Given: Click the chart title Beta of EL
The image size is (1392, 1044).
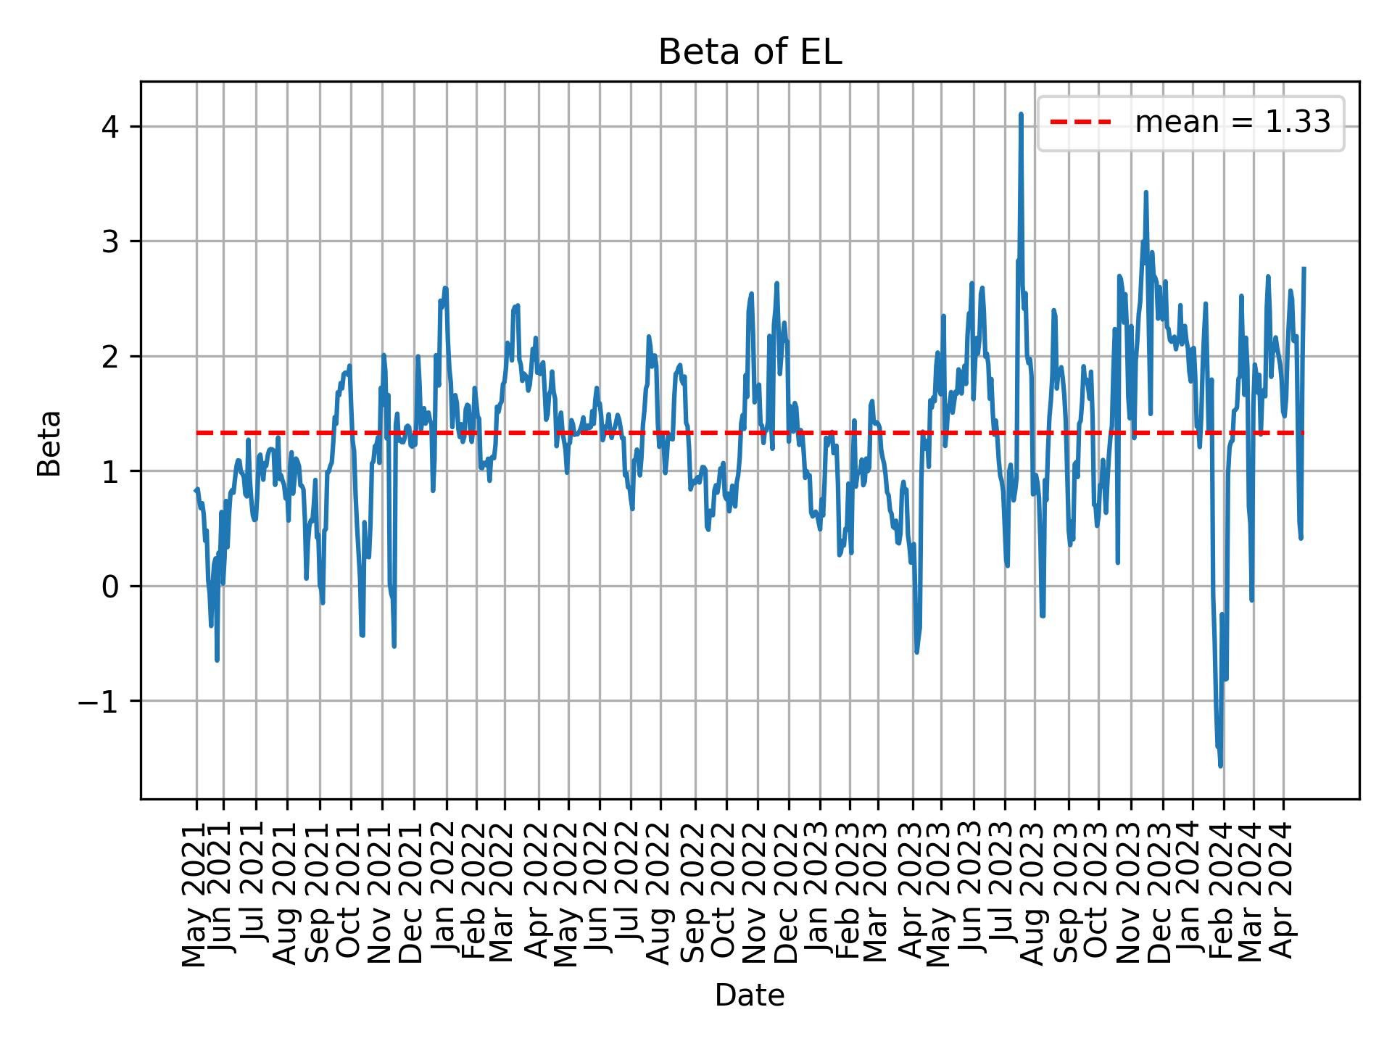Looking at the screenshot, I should [x=750, y=53].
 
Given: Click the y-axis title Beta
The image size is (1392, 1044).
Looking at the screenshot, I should [x=49, y=443].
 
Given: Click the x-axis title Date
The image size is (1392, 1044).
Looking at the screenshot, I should [x=750, y=995].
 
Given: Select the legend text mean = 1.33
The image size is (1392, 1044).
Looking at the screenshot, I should [x=1232, y=123].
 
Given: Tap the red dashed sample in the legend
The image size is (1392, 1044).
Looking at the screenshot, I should [x=1080, y=123].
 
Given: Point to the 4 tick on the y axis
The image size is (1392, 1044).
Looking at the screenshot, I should [x=111, y=127].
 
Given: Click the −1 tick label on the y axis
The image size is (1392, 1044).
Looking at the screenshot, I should [x=98, y=701].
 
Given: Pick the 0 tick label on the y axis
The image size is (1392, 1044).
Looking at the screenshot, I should [x=111, y=586].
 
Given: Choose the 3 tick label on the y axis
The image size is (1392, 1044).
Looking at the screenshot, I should [x=111, y=241].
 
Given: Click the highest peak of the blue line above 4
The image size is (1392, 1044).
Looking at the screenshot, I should [x=1021, y=115].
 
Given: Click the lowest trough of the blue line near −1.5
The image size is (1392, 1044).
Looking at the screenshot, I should [x=1221, y=765].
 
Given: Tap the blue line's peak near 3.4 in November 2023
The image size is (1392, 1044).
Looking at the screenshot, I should [x=1146, y=192].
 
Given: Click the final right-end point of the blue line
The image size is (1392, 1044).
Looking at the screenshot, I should [x=1304, y=268].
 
